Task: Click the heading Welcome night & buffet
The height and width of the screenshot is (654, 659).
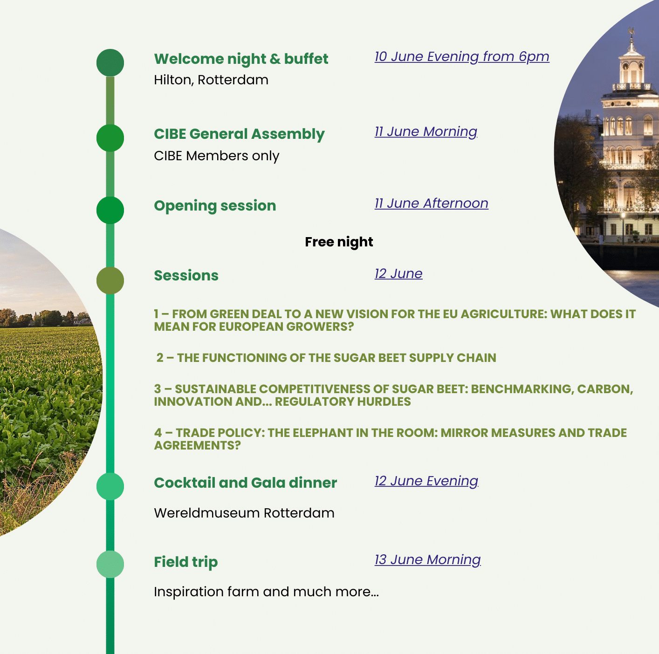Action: click(241, 59)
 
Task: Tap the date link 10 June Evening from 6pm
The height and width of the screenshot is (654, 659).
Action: click(462, 57)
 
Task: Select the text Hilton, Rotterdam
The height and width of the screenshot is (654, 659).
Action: click(211, 80)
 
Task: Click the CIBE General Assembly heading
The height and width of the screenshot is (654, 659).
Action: click(239, 134)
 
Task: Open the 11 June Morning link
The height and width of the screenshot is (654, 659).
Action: click(426, 132)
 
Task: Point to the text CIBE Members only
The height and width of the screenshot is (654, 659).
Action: click(216, 156)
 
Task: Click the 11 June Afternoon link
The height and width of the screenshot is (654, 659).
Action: click(431, 204)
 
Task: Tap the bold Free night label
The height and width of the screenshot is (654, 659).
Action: click(339, 242)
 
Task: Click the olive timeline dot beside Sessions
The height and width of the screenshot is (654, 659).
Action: click(110, 280)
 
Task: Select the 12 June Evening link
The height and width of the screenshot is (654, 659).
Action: click(426, 481)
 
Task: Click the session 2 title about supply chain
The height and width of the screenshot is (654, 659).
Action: click(326, 358)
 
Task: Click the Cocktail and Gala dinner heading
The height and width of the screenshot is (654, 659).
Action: click(245, 483)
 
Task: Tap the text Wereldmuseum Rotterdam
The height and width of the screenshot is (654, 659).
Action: click(244, 513)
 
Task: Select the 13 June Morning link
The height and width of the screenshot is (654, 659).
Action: click(427, 560)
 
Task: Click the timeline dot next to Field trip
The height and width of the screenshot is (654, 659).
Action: click(110, 564)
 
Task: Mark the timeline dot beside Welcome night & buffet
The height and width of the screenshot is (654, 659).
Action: click(110, 62)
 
